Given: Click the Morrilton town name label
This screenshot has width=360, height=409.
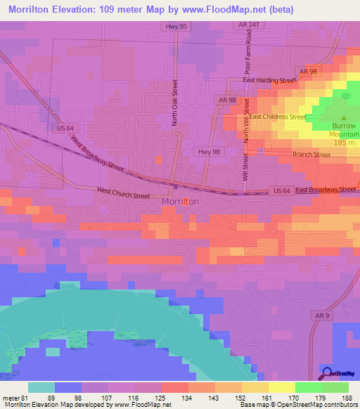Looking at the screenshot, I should [180, 201].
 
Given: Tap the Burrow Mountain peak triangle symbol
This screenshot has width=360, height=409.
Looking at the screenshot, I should [343, 117].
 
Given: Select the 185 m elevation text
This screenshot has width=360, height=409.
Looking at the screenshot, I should [344, 143].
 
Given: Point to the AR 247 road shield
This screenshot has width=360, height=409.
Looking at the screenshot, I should [243, 25].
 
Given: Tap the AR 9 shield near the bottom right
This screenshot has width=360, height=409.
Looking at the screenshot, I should [322, 316].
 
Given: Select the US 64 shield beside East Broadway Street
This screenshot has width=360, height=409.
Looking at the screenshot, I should [281, 190].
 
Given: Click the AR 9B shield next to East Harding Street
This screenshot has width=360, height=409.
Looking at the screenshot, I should [309, 72].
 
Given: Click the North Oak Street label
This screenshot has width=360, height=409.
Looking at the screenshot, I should [175, 103].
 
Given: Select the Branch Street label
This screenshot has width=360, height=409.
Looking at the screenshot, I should [311, 155].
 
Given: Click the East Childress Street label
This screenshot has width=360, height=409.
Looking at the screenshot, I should [278, 117].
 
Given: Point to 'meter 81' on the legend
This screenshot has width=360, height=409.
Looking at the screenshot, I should [13, 397].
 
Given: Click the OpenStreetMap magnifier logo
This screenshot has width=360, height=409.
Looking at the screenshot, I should [327, 372].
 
